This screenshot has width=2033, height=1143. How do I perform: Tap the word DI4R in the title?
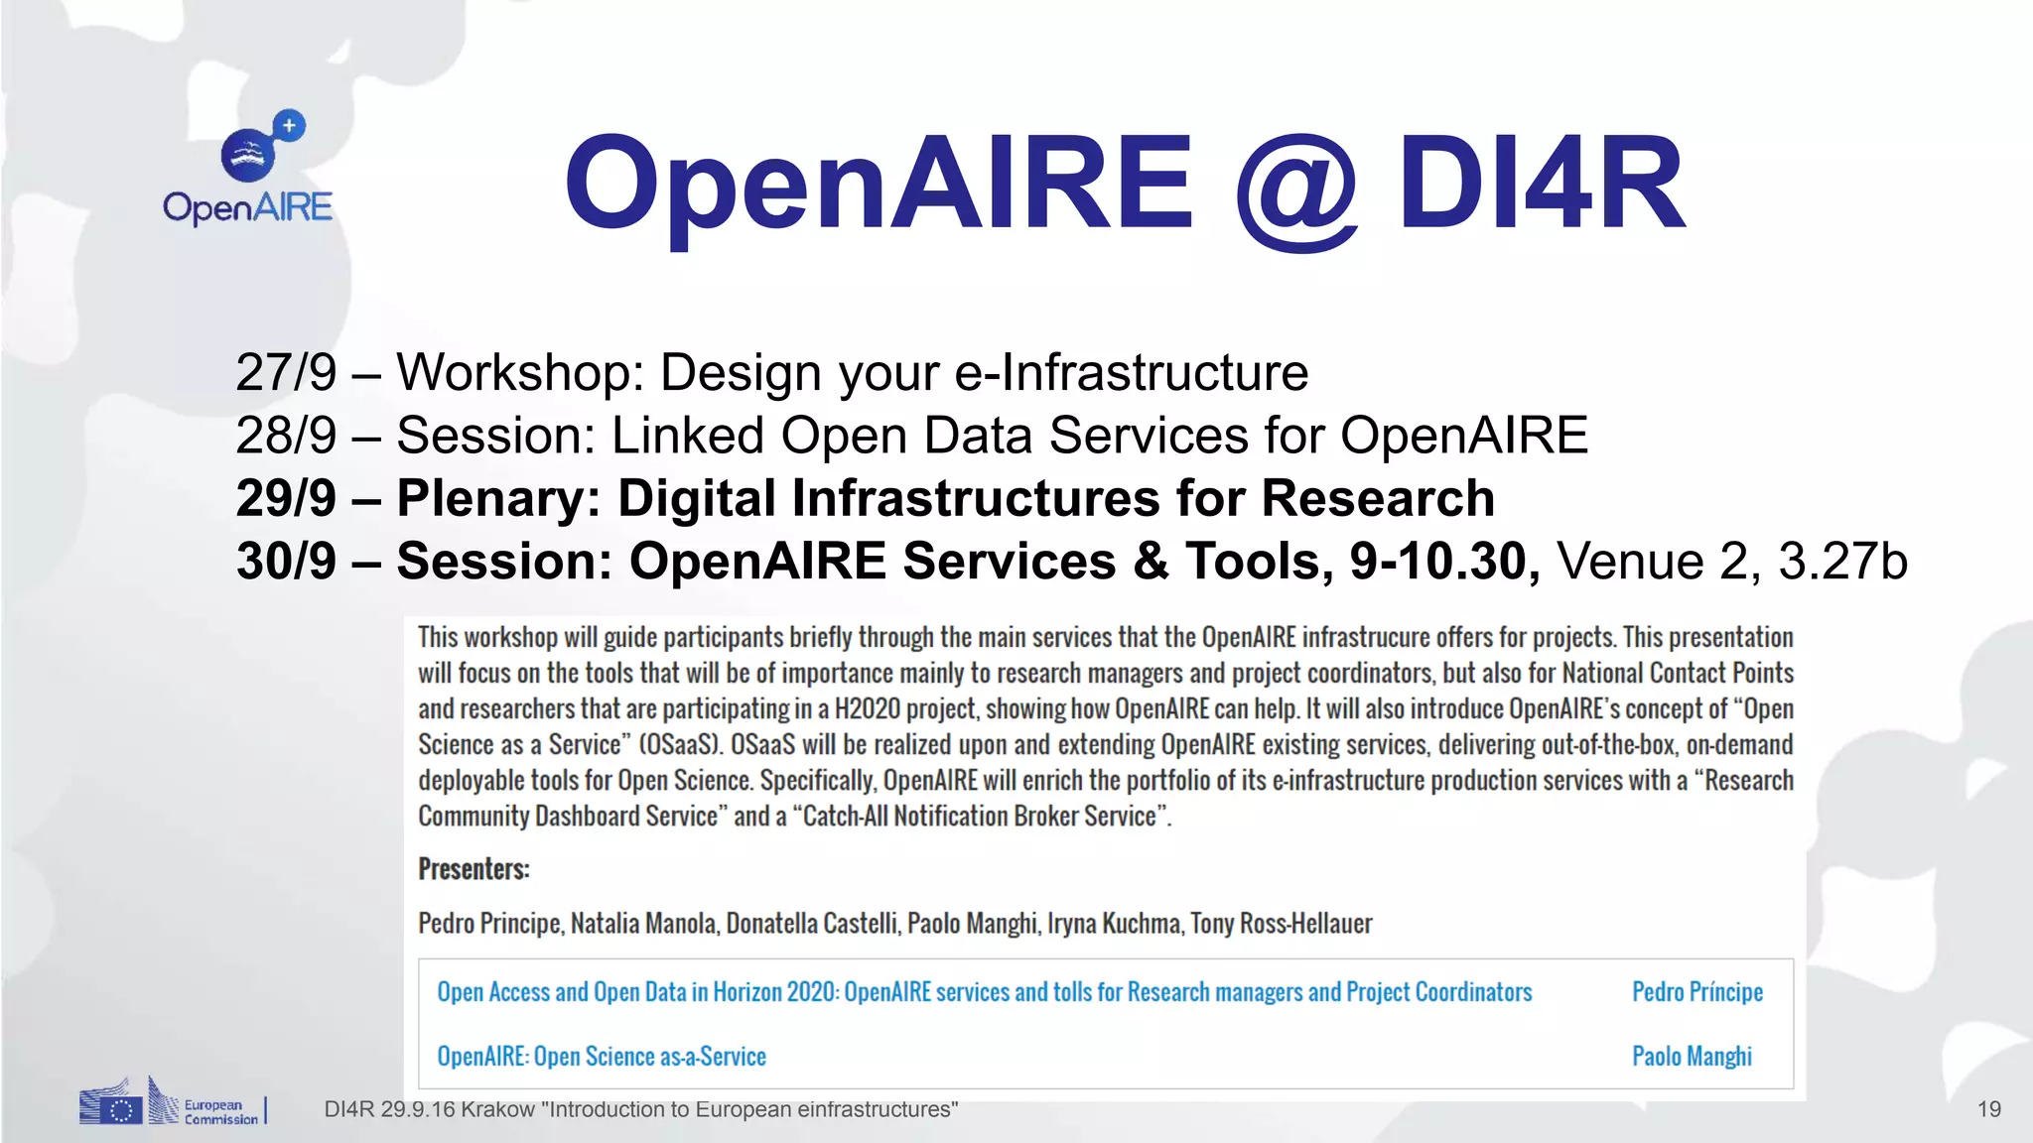[x=1542, y=185]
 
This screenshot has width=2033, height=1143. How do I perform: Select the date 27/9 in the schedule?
[x=286, y=373]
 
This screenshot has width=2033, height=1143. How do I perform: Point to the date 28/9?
[x=286, y=436]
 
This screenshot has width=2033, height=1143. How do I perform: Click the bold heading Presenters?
[x=474, y=869]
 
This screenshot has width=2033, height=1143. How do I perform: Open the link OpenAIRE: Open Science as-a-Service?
[x=602, y=1057]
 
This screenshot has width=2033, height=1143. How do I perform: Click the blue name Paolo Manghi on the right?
[x=1692, y=1057]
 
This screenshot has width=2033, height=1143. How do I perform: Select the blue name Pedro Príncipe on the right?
[x=1697, y=992]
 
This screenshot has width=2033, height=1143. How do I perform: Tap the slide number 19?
[x=1988, y=1109]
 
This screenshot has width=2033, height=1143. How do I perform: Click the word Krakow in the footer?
[x=497, y=1109]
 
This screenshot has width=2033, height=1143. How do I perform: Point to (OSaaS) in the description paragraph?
[x=680, y=745]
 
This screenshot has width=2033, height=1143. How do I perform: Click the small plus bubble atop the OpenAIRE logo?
[x=289, y=126]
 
